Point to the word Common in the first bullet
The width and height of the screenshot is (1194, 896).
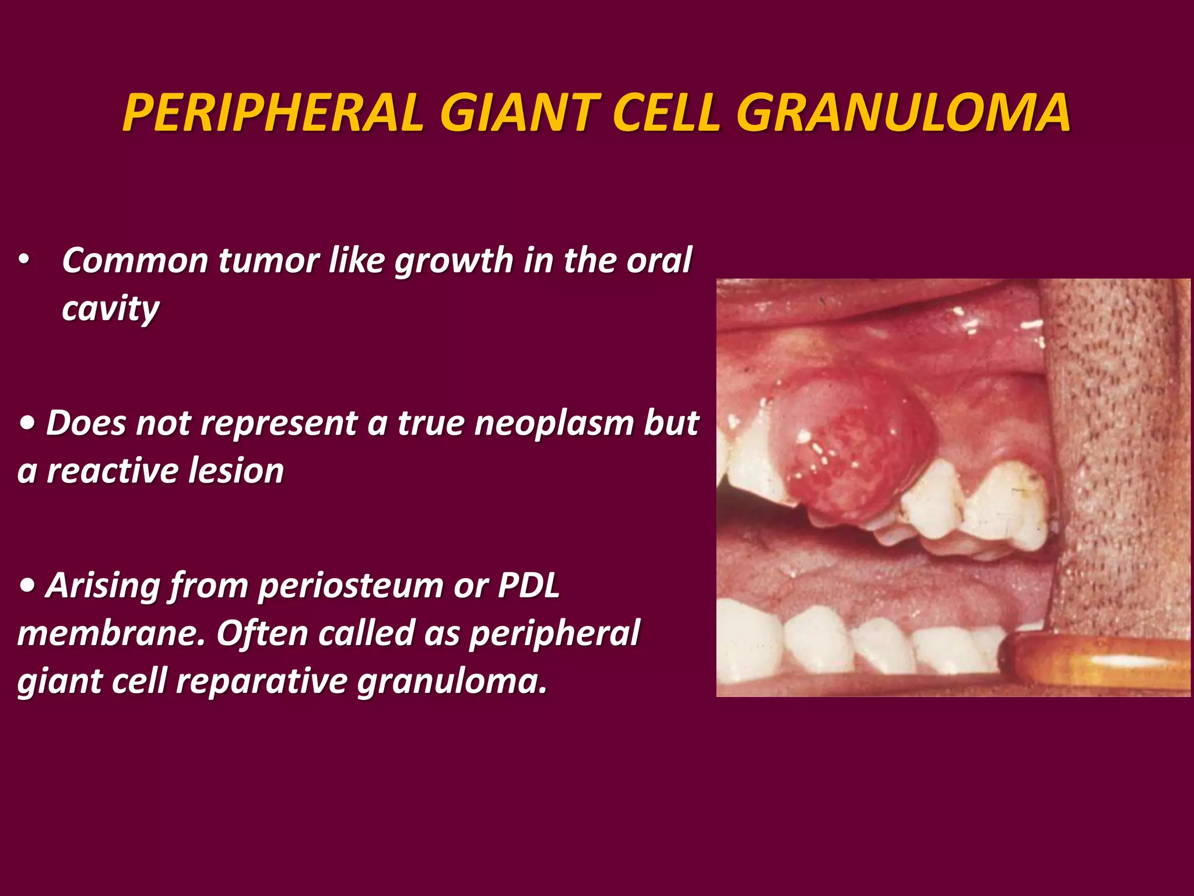click(x=135, y=260)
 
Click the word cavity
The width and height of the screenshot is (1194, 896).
click(x=110, y=309)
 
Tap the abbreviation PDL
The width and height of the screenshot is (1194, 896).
click(x=528, y=585)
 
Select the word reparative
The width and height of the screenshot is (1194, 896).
click(x=262, y=681)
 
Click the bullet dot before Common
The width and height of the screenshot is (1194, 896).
click(x=23, y=260)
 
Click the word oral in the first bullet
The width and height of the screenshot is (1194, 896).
click(x=659, y=260)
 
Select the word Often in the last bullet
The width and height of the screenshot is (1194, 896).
click(x=262, y=633)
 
